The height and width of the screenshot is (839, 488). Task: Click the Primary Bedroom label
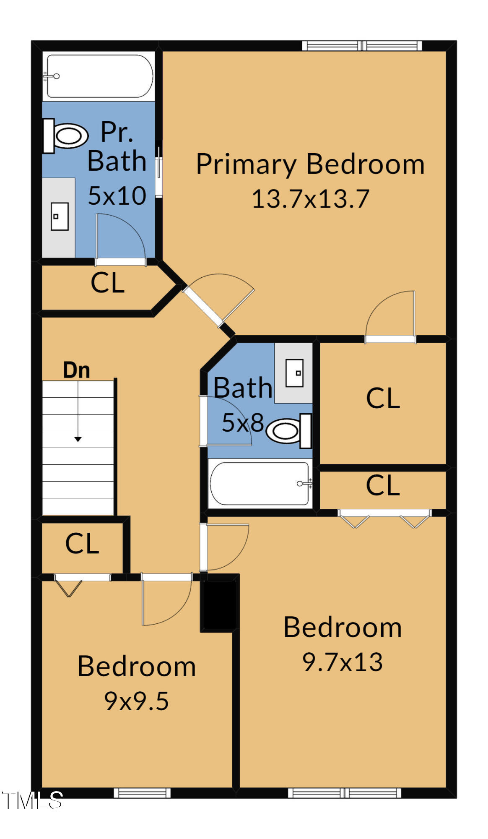tap(310, 164)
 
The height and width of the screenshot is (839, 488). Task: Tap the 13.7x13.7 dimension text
tap(310, 199)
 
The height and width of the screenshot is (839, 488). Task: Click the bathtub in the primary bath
tap(99, 76)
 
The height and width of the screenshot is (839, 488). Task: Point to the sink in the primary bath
tap(59, 216)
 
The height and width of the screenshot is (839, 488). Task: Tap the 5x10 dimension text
tap(117, 195)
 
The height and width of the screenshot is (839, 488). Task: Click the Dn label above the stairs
tap(76, 370)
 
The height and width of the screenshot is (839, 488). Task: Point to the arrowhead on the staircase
tap(78, 439)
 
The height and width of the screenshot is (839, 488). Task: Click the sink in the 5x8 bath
tap(294, 373)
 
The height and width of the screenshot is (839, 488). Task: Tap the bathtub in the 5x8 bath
tap(260, 484)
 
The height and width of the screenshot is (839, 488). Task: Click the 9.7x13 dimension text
tap(343, 662)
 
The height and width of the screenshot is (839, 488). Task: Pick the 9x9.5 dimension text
tap(136, 701)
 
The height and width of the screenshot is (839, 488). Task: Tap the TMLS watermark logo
tap(32, 800)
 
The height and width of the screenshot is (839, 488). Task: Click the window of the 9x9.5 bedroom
tap(142, 793)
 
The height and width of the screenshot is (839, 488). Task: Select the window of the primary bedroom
tap(362, 46)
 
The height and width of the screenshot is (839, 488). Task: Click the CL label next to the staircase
tap(82, 544)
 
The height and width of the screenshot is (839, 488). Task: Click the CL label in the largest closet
tap(383, 398)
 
